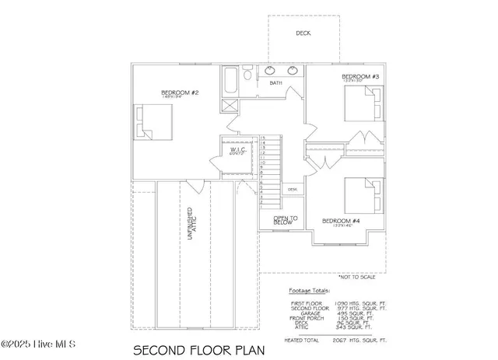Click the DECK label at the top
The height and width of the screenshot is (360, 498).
pyautogui.click(x=303, y=33)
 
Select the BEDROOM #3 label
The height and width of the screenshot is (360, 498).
pyautogui.click(x=360, y=76)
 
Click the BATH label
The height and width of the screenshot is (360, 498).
pyautogui.click(x=275, y=82)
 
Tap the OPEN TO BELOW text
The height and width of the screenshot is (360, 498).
pyautogui.click(x=282, y=221)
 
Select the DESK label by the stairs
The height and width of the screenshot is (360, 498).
pyautogui.click(x=293, y=189)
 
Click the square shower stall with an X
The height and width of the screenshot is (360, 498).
pyautogui.click(x=230, y=108)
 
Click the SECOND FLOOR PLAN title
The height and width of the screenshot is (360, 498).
pyautogui.click(x=198, y=348)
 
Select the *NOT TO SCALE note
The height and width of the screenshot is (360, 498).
pyautogui.click(x=357, y=277)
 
